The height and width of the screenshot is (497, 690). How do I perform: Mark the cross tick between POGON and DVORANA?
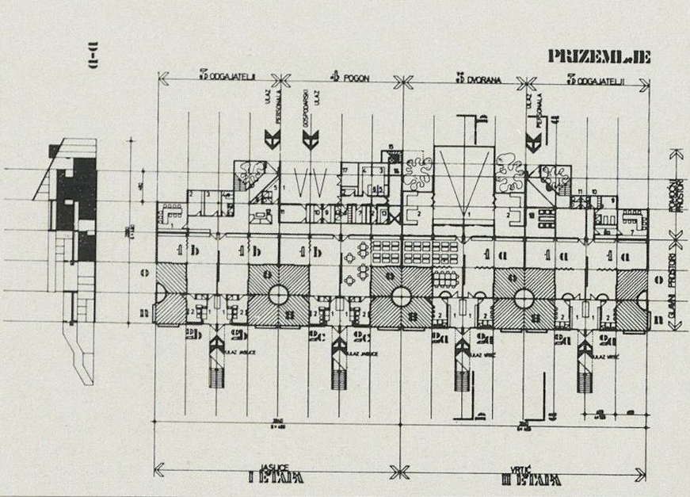(x=403, y=79)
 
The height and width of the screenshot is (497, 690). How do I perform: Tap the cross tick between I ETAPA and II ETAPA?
(x=403, y=467)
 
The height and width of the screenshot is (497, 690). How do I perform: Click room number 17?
(x=346, y=170)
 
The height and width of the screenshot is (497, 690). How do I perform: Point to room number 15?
(x=390, y=147)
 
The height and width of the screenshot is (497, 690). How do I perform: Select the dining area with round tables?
(x=356, y=261)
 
